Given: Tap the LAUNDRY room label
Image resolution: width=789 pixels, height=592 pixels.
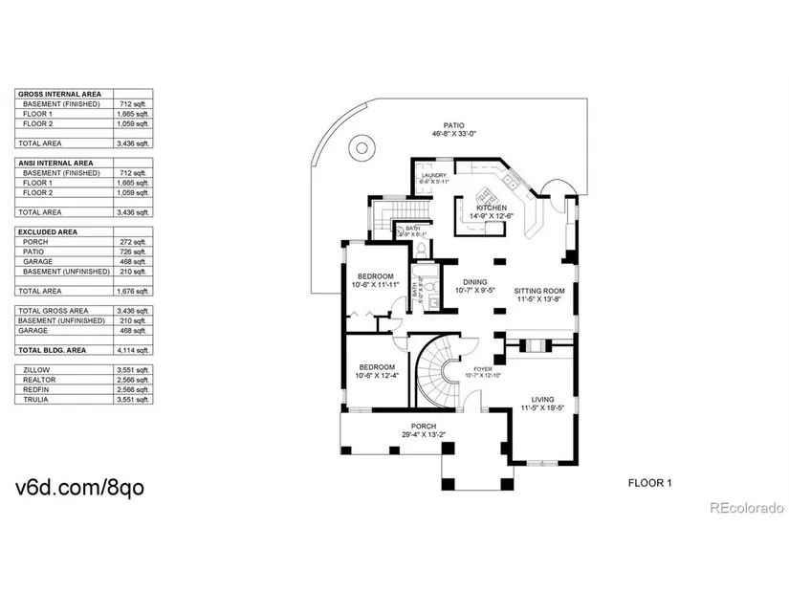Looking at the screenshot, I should pos(434,175).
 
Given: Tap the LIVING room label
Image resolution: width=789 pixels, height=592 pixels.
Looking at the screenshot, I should pos(542,400).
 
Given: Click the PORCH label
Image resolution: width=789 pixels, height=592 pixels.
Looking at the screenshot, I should pos(424,426).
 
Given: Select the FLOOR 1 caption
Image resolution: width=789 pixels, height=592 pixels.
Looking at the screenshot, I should pos(649,482).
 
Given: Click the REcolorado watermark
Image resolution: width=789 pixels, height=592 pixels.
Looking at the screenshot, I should pos(747,508).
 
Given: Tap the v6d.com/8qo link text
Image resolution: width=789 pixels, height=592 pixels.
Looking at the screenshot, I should pos(80,488).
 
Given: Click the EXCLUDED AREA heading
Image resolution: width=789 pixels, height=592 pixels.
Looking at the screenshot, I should pos(49,231).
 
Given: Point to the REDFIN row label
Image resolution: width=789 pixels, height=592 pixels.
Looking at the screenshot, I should pos(34,389).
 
